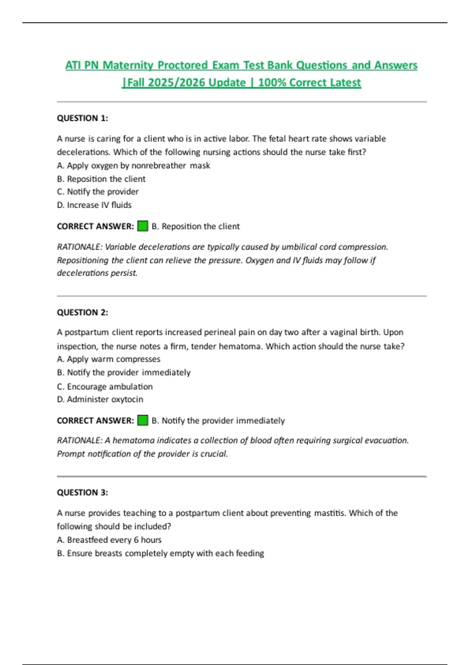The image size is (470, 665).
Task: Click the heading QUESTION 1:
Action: click(x=82, y=118)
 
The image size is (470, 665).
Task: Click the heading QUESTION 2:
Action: click(x=82, y=312)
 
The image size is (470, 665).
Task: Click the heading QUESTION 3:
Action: click(x=82, y=492)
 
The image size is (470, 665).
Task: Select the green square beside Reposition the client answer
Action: click(x=143, y=226)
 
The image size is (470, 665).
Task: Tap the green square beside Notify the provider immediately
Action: click(x=143, y=421)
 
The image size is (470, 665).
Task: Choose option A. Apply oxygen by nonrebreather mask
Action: click(x=134, y=165)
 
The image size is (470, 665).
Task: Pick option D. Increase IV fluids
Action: click(x=94, y=205)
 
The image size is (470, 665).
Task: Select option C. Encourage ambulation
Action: click(x=105, y=386)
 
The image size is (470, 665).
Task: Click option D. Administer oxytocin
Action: click(x=100, y=399)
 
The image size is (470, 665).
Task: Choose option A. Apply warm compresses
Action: click(x=108, y=359)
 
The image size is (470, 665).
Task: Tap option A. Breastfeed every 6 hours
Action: click(x=109, y=540)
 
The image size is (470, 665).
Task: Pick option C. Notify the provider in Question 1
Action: click(x=98, y=192)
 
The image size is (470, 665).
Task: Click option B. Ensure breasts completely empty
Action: click(x=161, y=553)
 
